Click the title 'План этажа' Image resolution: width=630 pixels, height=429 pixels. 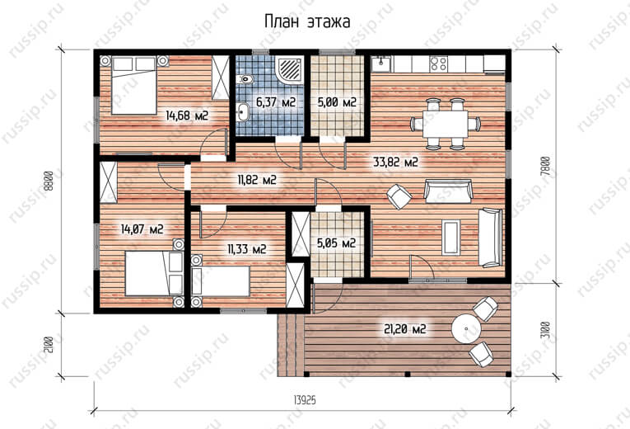tap(307, 21)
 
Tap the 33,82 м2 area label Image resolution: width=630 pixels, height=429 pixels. tap(396, 163)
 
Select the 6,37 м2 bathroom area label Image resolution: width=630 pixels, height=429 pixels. tap(276, 102)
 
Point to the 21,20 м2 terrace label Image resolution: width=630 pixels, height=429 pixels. tap(405, 329)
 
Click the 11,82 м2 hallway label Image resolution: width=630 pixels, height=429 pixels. tap(257, 180)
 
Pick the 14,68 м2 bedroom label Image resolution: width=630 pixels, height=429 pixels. tap(187, 115)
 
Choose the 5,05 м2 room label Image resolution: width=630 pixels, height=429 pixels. tap(336, 243)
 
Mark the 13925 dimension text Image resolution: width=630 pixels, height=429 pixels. tap(305, 400)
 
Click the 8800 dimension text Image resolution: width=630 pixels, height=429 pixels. tap(49, 181)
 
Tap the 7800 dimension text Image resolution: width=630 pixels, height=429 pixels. tap(545, 166)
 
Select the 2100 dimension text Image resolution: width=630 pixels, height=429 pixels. tap(49, 345)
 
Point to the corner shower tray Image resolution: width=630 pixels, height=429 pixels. tap(289, 68)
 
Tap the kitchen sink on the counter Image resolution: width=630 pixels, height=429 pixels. tap(381, 64)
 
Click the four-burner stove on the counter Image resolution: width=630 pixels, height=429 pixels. tap(438, 64)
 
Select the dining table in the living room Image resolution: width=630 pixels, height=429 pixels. tap(446, 124)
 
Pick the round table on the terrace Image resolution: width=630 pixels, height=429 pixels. tap(465, 328)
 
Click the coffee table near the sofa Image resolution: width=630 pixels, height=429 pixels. tap(450, 237)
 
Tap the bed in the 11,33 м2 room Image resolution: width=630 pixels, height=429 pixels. tap(221, 281)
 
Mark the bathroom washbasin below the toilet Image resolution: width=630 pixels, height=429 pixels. tap(242, 112)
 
